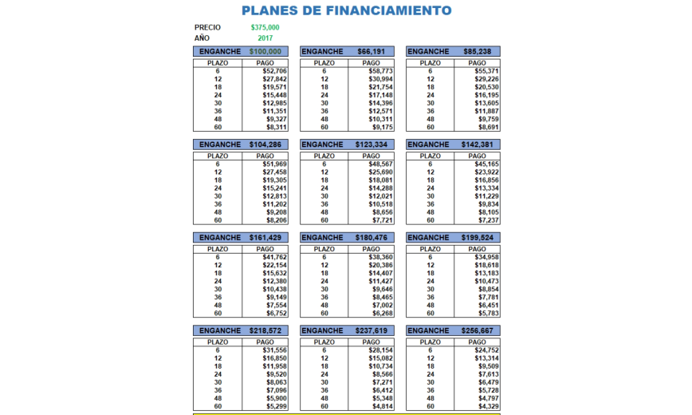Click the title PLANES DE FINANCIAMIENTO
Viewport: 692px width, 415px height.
[346, 10]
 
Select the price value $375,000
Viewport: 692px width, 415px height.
[265, 27]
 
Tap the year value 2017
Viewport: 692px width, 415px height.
[265, 38]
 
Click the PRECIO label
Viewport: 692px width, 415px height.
[207, 27]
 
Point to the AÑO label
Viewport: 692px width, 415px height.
[202, 38]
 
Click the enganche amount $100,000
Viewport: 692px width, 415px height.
[265, 52]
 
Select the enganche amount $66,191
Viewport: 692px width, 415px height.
[372, 52]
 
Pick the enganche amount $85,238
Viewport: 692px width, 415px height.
[478, 52]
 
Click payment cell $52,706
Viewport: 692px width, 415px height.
[274, 71]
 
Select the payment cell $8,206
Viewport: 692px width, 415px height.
[274, 219]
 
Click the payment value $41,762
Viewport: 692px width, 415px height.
[274, 257]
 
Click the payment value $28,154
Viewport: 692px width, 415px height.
[381, 350]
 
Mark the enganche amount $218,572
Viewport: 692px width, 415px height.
[265, 330]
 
